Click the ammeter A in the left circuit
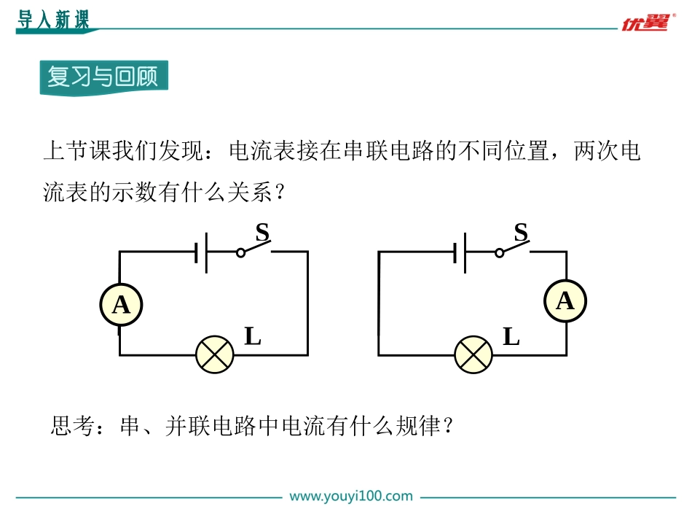[x=121, y=305]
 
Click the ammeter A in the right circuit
[x=565, y=301]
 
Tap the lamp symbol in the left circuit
[x=214, y=354]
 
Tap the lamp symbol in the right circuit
[x=473, y=354]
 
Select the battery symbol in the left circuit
[x=201, y=252]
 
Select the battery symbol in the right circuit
[x=460, y=252]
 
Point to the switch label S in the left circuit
[x=262, y=232]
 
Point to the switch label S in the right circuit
[x=522, y=232]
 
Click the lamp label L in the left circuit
[x=253, y=336]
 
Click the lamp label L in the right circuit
[x=511, y=336]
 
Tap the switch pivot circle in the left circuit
[x=240, y=253]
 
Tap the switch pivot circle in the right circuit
[x=499, y=253]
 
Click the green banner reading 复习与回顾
[x=103, y=77]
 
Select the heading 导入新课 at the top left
[x=53, y=20]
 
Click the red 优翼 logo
[x=648, y=22]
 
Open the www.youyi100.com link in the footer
[x=351, y=496]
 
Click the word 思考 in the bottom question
[x=74, y=426]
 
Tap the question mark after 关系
[x=279, y=193]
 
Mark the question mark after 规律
[x=449, y=426]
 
